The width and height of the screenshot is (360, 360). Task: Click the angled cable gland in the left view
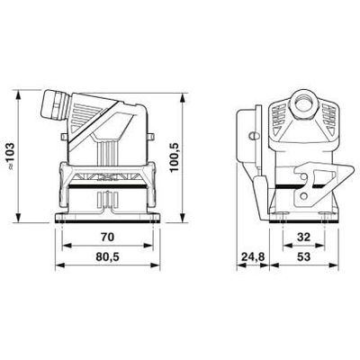click(x=51, y=102)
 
